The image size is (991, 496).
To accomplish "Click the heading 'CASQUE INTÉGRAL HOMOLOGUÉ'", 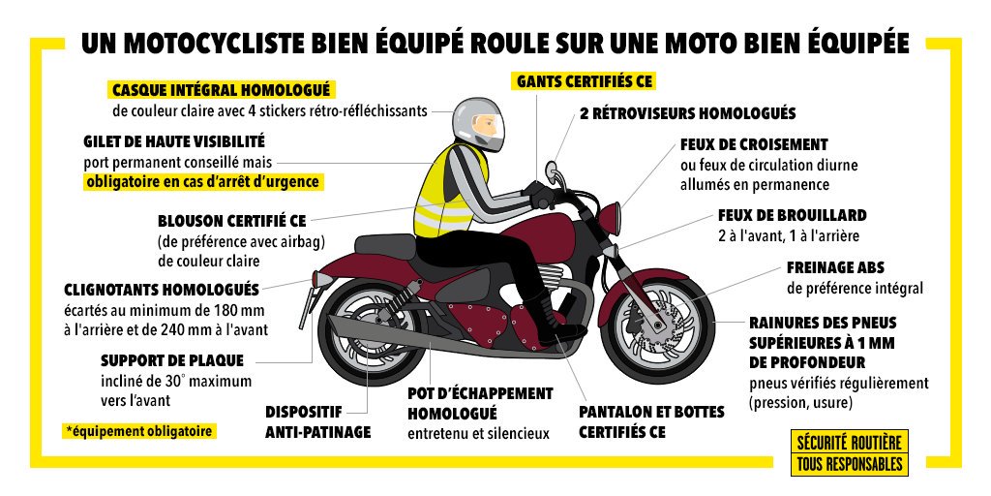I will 222,90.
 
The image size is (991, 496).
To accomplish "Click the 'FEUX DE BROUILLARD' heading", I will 792,215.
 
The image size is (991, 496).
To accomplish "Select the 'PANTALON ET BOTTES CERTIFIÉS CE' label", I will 651,421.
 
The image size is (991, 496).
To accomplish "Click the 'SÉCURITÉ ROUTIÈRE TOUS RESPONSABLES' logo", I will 849,452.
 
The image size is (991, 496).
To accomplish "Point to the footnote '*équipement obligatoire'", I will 140,430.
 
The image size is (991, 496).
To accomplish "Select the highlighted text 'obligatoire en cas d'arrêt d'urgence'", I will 201,181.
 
